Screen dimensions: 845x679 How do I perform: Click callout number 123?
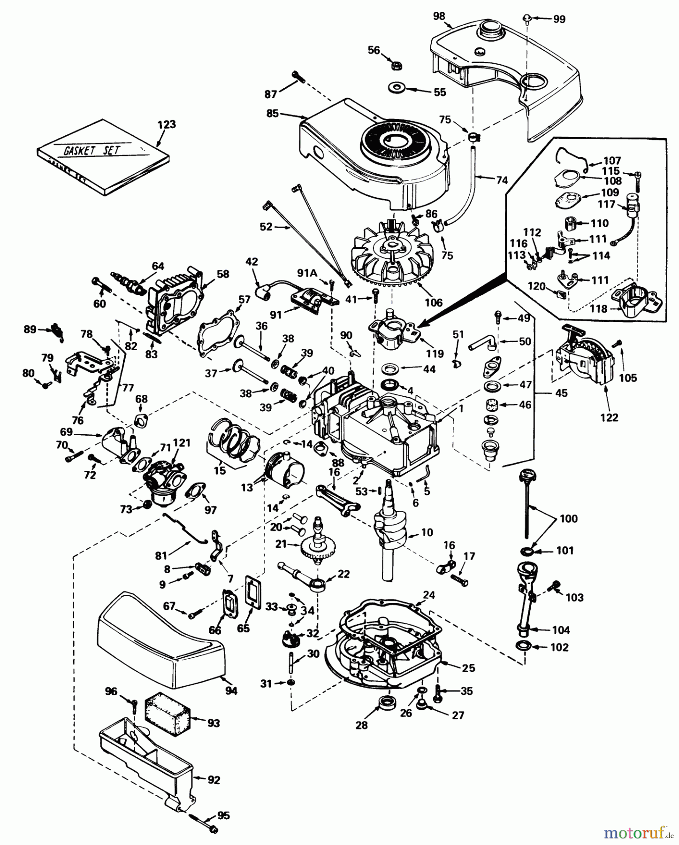tap(167, 124)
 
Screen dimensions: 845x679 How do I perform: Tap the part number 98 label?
tap(439, 16)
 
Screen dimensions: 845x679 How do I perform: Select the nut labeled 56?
tap(396, 64)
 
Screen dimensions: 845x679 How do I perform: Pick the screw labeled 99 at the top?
tap(526, 18)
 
